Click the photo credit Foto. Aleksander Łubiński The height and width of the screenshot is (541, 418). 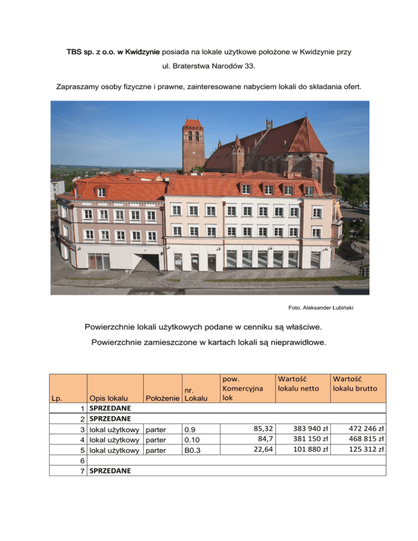328,308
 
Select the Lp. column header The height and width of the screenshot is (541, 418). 57,398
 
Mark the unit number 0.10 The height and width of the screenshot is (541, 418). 193,439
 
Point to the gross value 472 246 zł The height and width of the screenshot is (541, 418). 366,428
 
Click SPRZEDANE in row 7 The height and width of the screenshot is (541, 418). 110,470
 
